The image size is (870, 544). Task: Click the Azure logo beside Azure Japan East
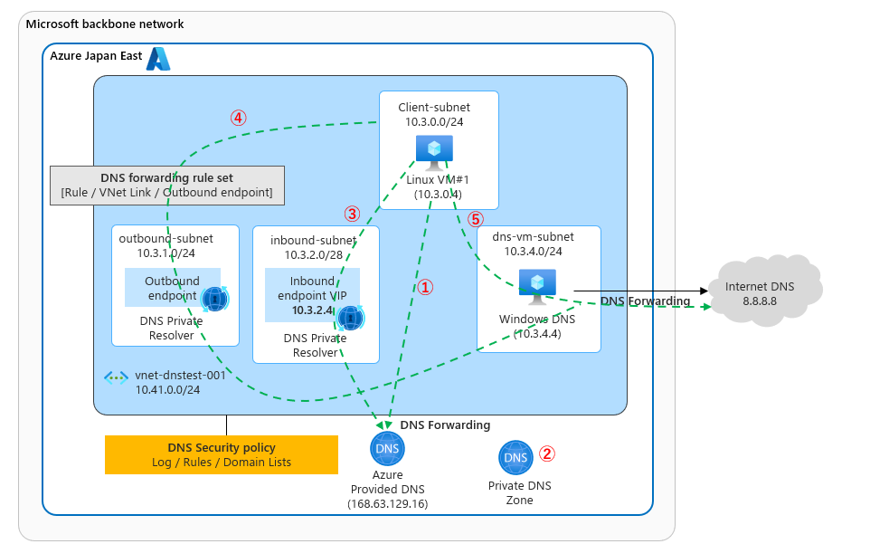[x=158, y=59]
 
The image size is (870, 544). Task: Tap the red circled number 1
[x=426, y=286]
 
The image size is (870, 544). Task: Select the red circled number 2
[x=546, y=453]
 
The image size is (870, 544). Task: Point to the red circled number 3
[x=353, y=215]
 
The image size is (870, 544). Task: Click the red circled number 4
[x=238, y=118]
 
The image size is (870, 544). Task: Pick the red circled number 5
[x=476, y=219]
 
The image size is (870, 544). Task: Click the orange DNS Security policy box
[x=222, y=454]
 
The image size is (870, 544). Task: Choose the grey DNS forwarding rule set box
[x=167, y=185]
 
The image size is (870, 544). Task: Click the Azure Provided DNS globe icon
[x=387, y=449]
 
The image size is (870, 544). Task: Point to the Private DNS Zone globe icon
[x=515, y=458]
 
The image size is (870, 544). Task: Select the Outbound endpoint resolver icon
[x=215, y=298]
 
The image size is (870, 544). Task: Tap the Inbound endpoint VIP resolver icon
[x=350, y=318]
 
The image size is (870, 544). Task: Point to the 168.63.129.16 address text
[x=387, y=503]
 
